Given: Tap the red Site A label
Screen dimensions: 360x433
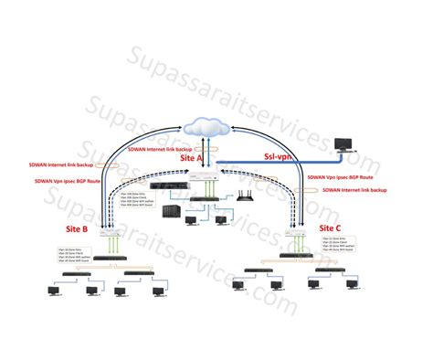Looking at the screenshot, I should click(x=195, y=159).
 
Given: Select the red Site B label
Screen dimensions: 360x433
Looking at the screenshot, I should click(x=77, y=205).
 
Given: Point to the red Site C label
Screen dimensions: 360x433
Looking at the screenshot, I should click(x=332, y=202).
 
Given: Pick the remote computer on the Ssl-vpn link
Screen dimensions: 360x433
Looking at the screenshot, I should click(x=345, y=144).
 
